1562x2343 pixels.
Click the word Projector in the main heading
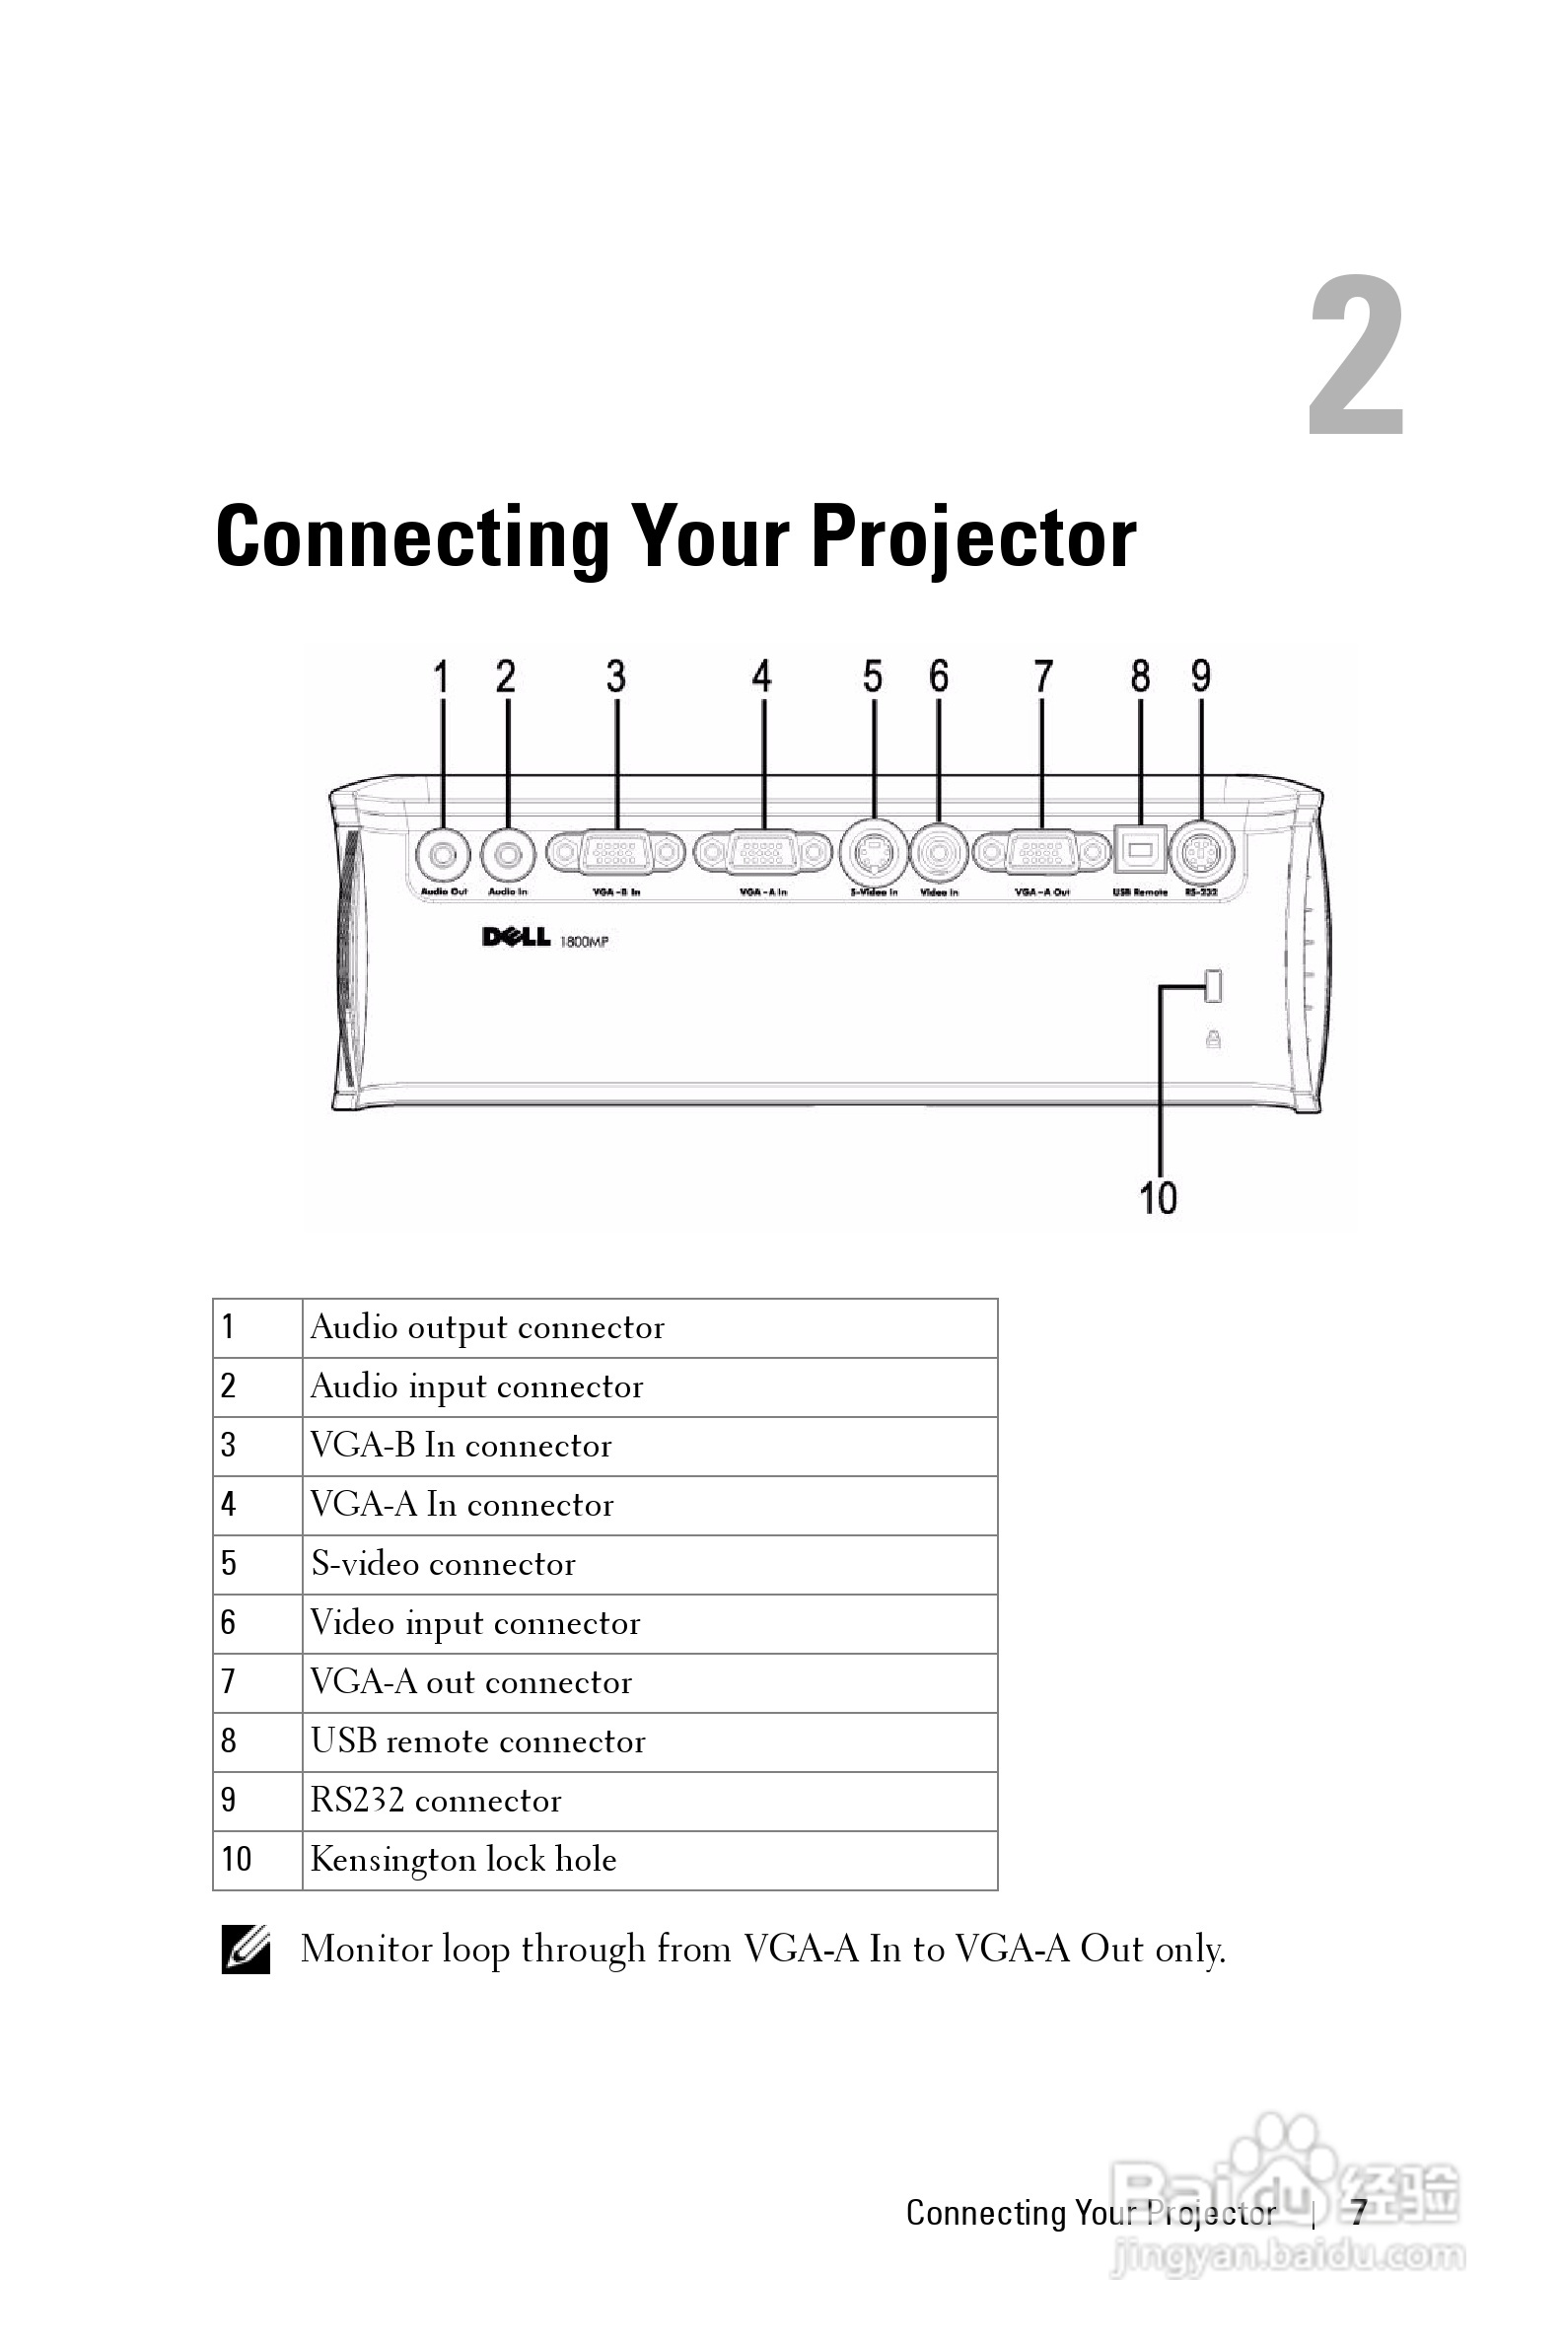click(x=973, y=538)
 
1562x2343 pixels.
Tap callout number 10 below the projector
click(x=1158, y=1197)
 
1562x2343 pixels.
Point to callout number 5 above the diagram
click(x=873, y=677)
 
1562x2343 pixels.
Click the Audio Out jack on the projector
click(x=444, y=854)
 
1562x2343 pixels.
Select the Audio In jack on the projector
click(x=509, y=854)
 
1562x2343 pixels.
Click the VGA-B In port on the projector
click(x=616, y=854)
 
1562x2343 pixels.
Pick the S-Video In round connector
click(x=874, y=853)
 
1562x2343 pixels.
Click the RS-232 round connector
click(x=1201, y=853)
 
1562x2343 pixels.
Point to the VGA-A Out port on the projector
click(x=1042, y=854)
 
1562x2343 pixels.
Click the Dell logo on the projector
click(x=516, y=937)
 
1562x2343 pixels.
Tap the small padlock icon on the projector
click(x=1213, y=1039)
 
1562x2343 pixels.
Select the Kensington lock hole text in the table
click(x=463, y=1860)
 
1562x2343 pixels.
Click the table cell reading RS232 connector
click(x=435, y=1801)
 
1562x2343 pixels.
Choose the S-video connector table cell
click(x=444, y=1564)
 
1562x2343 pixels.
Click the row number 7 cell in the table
click(x=229, y=1681)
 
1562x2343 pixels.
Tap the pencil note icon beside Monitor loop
click(x=246, y=1950)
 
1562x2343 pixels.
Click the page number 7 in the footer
click(x=1358, y=2213)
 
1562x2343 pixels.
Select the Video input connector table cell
click(x=475, y=1623)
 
